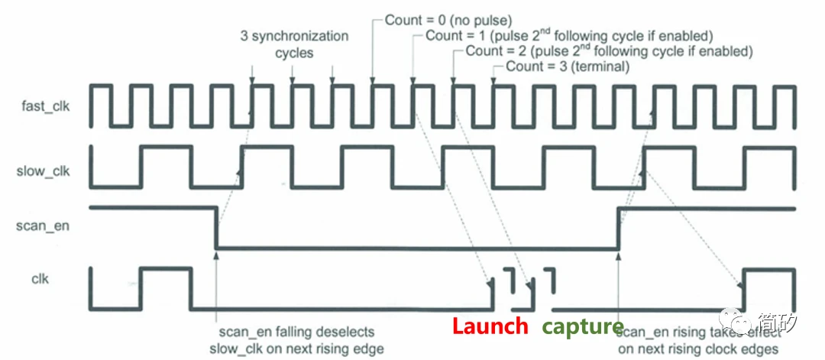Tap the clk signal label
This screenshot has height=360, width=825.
[40, 279]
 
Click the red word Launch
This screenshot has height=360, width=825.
[490, 326]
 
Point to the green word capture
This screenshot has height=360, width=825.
[583, 327]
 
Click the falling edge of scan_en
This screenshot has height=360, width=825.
[217, 226]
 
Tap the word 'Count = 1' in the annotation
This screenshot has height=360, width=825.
[448, 36]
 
